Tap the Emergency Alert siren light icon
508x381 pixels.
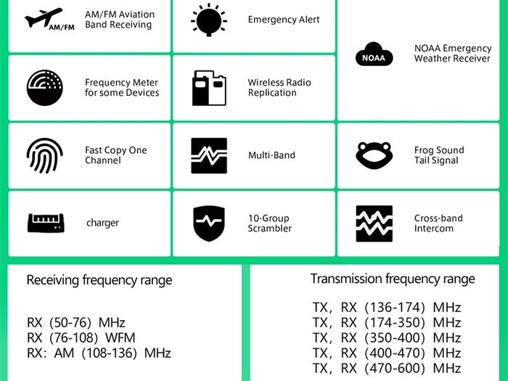pos(209,20)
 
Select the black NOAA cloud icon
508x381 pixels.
pos(374,54)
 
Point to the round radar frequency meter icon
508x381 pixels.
pos(45,88)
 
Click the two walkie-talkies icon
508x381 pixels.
pos(209,88)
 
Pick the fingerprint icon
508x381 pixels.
pos(45,155)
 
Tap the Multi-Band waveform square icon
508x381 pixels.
pos(209,155)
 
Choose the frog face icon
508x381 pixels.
pos(374,155)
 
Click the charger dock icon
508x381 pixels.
pos(46,223)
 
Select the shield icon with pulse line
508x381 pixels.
pos(209,224)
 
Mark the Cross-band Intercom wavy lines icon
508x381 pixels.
pos(374,224)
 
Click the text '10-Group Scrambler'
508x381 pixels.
pos(270,224)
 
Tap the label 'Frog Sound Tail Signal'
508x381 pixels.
pos(439,155)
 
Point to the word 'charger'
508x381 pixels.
pos(103,223)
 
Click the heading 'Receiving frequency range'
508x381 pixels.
pos(99,280)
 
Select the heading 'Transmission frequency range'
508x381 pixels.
pos(393,279)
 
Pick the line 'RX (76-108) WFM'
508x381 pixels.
pos(81,338)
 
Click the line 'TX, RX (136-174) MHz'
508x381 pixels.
pos(387,308)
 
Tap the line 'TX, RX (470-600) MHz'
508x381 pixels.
pos(387,369)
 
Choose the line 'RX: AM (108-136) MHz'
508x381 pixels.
pos(99,353)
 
